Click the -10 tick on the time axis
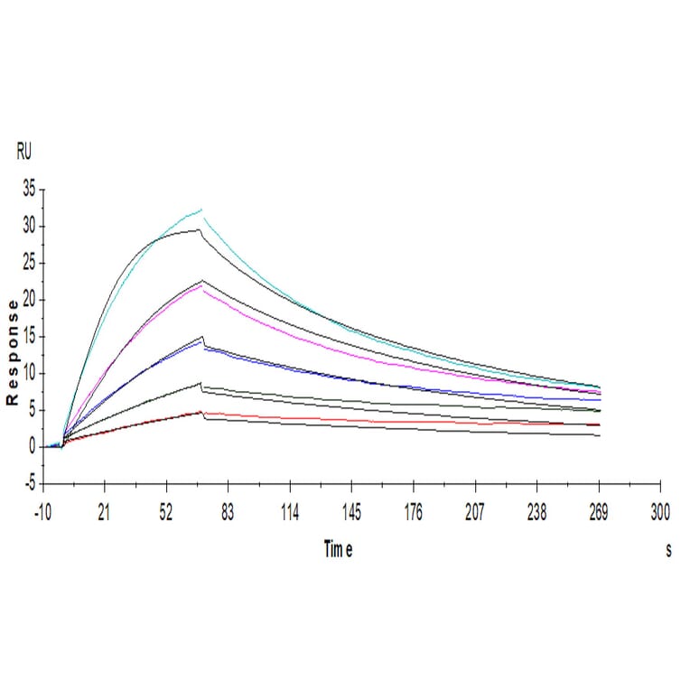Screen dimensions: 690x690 click(42, 513)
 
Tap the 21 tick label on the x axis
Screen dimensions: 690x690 click(104, 513)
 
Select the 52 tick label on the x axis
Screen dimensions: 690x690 click(166, 513)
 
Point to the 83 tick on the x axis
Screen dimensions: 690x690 click(228, 513)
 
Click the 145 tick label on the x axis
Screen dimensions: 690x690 click(351, 513)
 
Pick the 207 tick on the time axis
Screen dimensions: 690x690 click(475, 513)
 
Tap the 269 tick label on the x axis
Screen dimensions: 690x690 click(598, 513)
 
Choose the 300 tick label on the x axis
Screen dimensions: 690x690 click(660, 513)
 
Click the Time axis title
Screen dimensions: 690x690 click(338, 550)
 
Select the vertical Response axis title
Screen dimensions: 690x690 click(13, 353)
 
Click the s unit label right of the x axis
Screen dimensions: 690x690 click(668, 550)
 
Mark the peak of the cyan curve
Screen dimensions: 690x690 click(201, 210)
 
